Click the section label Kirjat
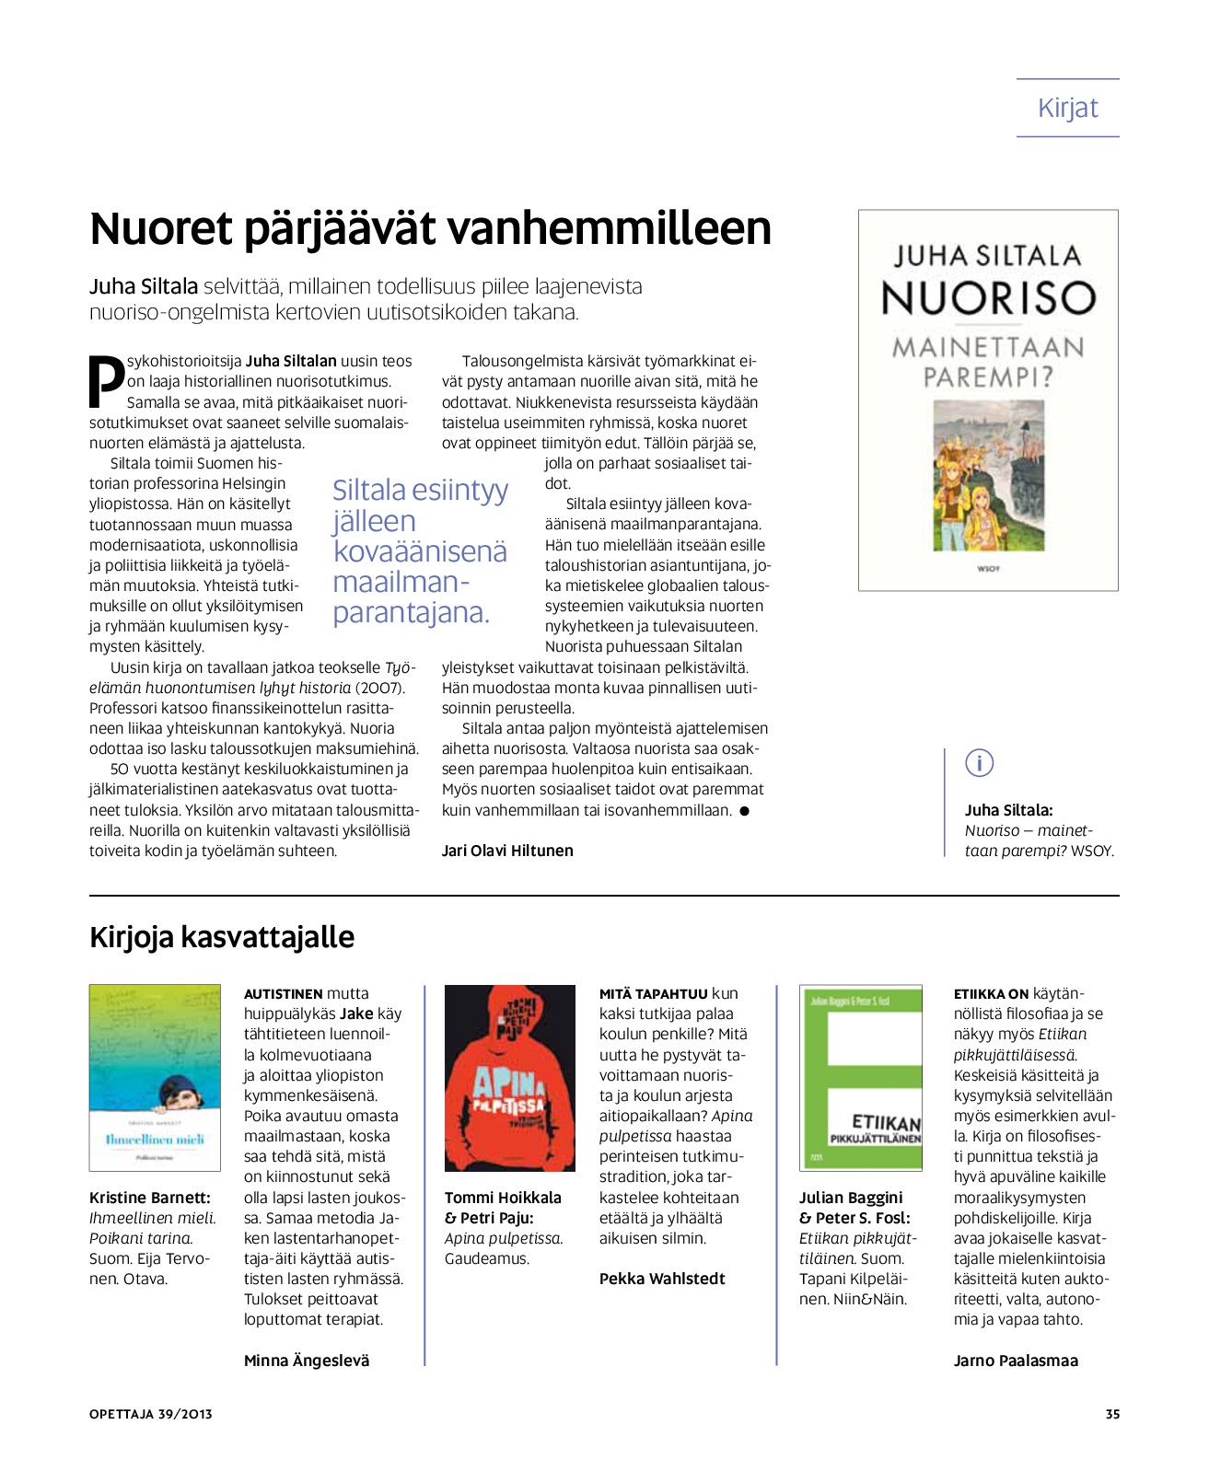coord(1067,108)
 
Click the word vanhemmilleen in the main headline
coord(632,228)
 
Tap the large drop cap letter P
coord(106,379)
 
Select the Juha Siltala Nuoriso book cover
coord(988,400)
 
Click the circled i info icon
coord(979,763)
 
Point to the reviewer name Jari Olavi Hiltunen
coord(507,851)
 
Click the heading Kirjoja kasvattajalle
coord(222,937)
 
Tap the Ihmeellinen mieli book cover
coord(155,1077)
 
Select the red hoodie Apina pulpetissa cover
coord(509,1077)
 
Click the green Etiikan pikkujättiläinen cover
coord(860,1077)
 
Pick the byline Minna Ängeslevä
coord(307,1361)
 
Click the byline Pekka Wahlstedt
coord(662,1279)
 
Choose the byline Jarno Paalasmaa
coord(1016,1361)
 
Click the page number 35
coord(1112,1414)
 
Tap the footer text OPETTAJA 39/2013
coord(151,1414)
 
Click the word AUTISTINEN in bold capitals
coord(283,994)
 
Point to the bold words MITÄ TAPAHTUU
coord(653,994)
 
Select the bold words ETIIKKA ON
coord(991,994)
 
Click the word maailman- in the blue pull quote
coord(401,582)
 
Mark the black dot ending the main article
coord(744,811)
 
